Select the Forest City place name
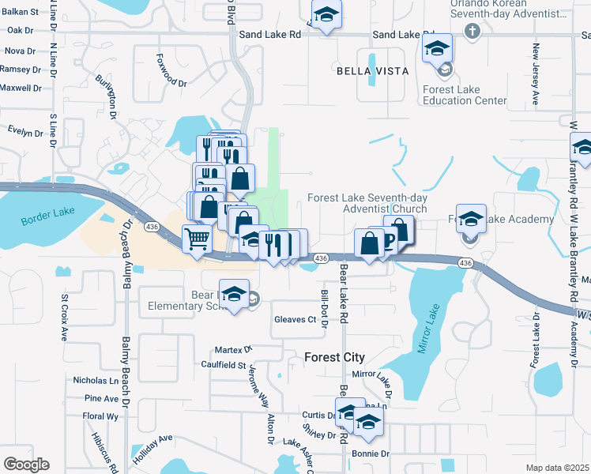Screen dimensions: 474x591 pyautogui.click(x=335, y=357)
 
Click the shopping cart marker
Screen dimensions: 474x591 pyautogui.click(x=197, y=239)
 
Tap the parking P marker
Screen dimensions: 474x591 pyautogui.click(x=389, y=239)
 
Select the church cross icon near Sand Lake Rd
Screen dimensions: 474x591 pyautogui.click(x=472, y=32)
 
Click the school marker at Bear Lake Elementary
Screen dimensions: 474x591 pyautogui.click(x=234, y=295)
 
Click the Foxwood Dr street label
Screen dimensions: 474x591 pyautogui.click(x=171, y=82)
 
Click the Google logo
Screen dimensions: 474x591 pyautogui.click(x=26, y=464)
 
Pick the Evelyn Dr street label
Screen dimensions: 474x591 pyautogui.click(x=25, y=131)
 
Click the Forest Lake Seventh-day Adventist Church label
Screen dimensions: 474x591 pyautogui.click(x=367, y=203)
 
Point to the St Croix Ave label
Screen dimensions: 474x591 pyautogui.click(x=65, y=318)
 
